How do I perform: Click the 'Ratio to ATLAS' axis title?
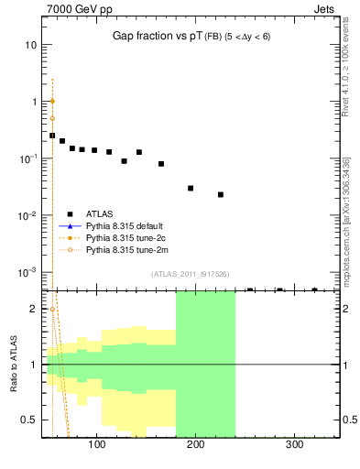pos(13,364)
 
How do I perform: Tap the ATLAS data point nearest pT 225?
pos(221,194)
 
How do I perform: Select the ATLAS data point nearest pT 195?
pos(191,188)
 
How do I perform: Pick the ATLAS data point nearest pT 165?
pos(161,164)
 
